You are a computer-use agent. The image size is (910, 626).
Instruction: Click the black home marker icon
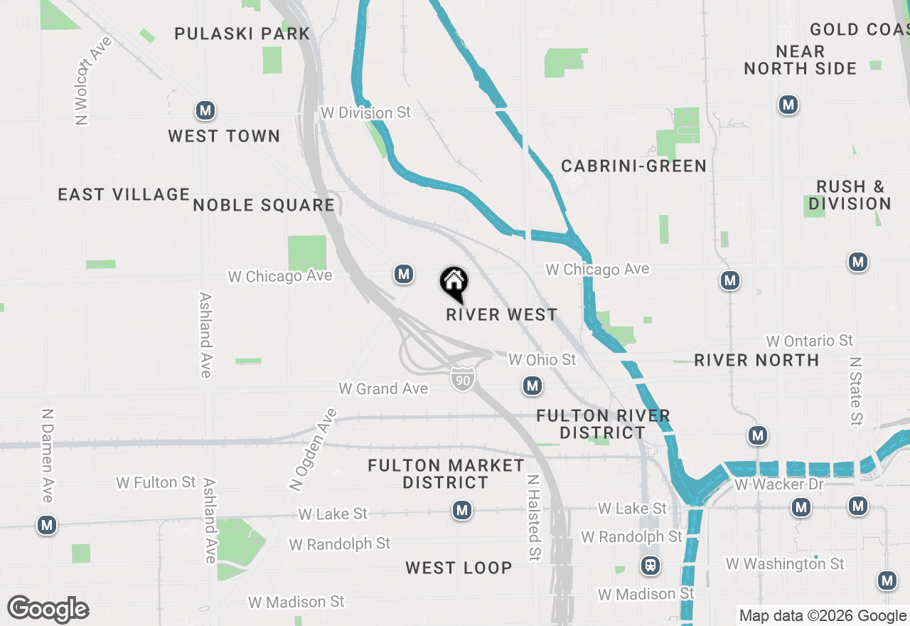[x=454, y=284]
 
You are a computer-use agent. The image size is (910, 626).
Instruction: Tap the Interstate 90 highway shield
[x=462, y=380]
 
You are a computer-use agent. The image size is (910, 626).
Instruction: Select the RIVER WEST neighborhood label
[x=502, y=314]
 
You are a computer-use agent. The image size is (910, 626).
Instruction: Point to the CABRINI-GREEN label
[x=634, y=166]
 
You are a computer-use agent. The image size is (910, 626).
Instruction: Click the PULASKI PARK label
[x=242, y=33]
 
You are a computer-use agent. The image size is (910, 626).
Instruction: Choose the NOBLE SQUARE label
[x=264, y=206]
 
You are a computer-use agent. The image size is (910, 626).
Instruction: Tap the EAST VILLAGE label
[x=124, y=194]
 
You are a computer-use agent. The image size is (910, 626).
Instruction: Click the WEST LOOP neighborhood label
[x=459, y=568]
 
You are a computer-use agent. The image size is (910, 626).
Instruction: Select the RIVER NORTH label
[x=756, y=360]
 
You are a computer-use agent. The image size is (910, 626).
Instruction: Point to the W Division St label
[x=366, y=112]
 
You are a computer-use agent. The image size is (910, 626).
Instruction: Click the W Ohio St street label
[x=542, y=360]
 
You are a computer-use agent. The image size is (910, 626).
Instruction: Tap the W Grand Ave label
[x=383, y=388]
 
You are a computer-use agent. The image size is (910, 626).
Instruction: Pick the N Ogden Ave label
[x=312, y=450]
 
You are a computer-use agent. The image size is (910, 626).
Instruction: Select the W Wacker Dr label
[x=779, y=484]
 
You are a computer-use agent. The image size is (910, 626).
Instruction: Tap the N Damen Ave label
[x=48, y=455]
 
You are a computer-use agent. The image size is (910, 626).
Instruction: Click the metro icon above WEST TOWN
[x=205, y=110]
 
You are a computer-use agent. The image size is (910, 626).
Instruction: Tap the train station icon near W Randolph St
[x=650, y=566]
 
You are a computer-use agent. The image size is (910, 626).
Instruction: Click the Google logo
[x=48, y=609]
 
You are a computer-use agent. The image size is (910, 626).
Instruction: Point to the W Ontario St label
[x=809, y=341]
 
